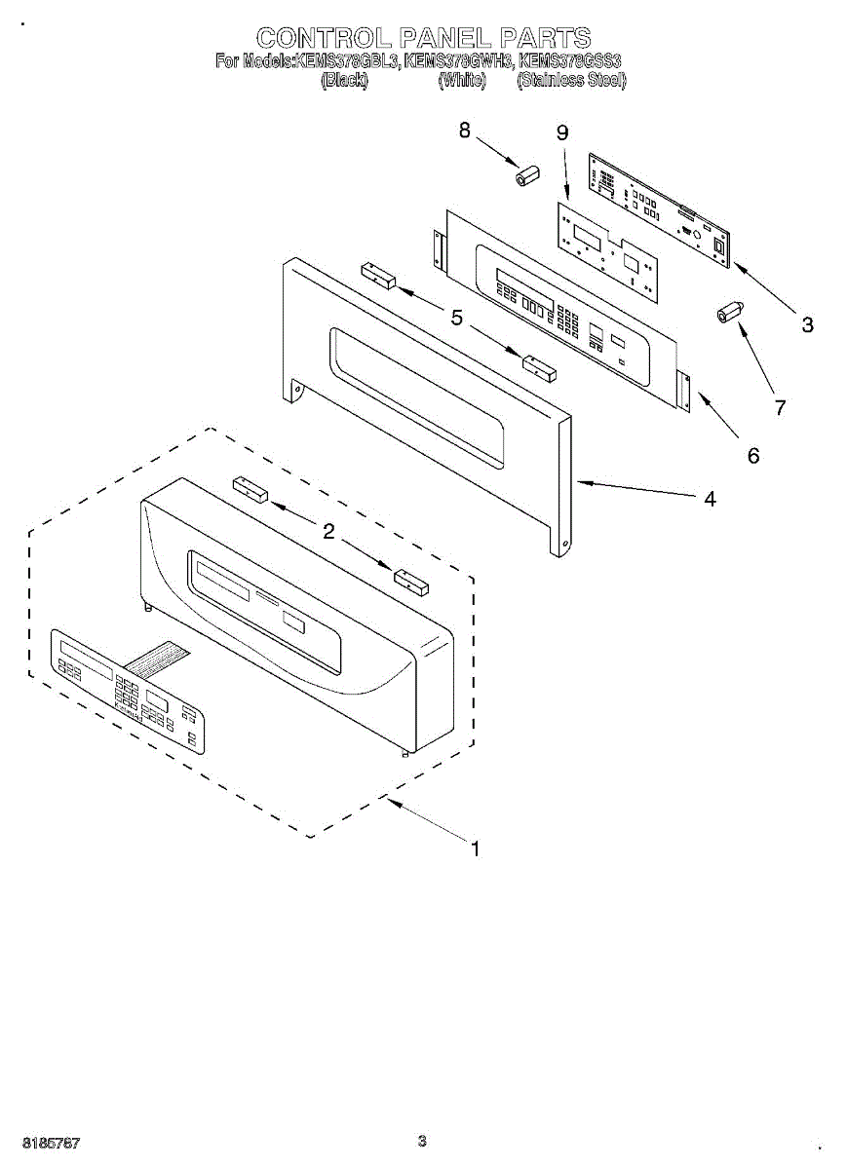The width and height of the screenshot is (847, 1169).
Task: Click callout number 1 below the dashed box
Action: [475, 849]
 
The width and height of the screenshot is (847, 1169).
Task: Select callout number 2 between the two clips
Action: [328, 531]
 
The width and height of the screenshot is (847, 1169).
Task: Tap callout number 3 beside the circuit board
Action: [807, 325]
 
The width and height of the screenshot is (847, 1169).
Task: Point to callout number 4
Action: [710, 499]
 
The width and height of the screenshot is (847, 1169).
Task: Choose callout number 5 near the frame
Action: [456, 316]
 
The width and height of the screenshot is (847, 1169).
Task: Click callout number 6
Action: [752, 455]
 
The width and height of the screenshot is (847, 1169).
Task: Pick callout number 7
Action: [780, 408]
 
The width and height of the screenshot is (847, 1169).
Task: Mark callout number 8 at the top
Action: [465, 129]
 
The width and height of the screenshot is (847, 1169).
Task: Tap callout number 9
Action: [562, 133]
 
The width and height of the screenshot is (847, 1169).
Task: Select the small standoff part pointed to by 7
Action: [729, 313]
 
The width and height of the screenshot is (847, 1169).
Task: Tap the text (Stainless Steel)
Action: [572, 81]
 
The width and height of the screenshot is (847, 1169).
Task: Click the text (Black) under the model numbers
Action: [344, 81]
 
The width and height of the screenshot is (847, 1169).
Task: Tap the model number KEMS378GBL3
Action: [348, 61]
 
